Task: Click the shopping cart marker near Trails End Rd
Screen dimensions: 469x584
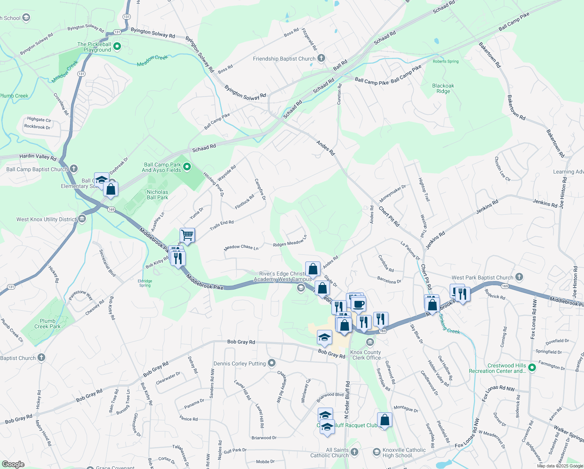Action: pos(187,235)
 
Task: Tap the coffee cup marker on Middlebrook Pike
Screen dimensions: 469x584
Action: pos(358,304)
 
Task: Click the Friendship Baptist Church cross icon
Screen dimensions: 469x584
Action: pos(321,59)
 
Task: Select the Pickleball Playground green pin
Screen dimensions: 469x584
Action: pos(117,47)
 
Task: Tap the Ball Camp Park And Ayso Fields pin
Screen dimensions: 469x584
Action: pos(187,167)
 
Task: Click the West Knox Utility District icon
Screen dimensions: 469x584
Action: pos(82,219)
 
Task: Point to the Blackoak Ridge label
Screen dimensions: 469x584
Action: pos(443,88)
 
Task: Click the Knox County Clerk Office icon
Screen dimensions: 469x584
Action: pos(370,343)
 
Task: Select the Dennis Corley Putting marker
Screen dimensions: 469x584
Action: pos(272,363)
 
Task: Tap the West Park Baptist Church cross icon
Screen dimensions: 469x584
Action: pos(519,277)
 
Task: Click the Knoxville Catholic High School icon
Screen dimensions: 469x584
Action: pos(376,452)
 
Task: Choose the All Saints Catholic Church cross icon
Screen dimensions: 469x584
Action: pos(354,452)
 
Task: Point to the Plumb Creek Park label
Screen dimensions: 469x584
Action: pos(47,324)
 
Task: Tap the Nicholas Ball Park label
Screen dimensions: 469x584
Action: pos(157,195)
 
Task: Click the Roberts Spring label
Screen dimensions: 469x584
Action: pos(445,61)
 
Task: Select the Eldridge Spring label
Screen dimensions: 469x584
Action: pos(145,283)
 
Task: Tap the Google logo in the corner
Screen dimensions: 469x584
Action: pos(13,464)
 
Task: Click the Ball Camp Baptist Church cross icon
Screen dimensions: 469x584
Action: pos(74,169)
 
